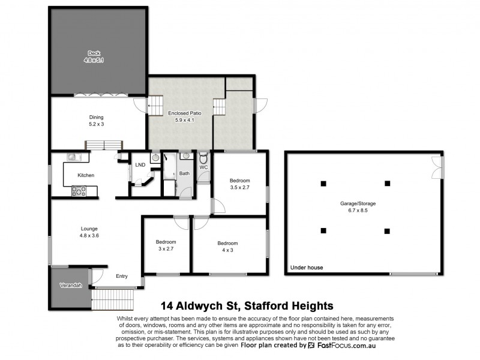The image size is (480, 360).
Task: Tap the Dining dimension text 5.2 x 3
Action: [x=97, y=125]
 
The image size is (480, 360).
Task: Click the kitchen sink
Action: [x=72, y=157]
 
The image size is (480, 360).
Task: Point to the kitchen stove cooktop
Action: [x=79, y=191]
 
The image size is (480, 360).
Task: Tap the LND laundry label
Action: [x=140, y=164]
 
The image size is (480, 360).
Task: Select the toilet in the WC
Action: [x=203, y=159]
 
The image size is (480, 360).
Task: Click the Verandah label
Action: [x=70, y=285]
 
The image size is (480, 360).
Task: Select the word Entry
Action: [x=122, y=276]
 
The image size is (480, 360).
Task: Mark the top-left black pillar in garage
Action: [x=323, y=183]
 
